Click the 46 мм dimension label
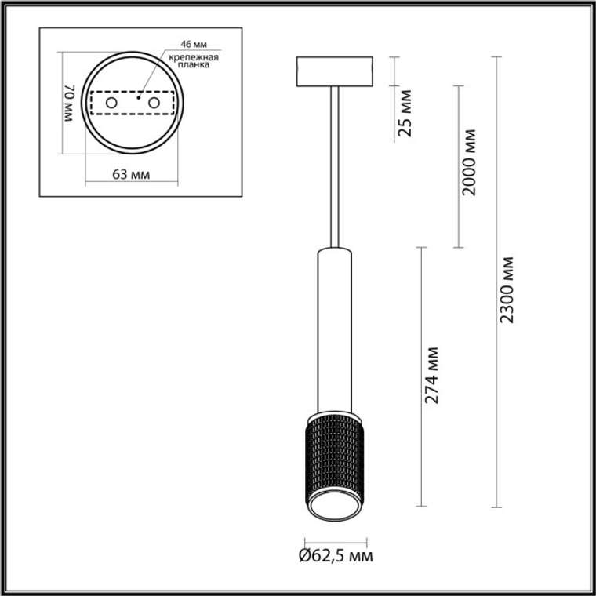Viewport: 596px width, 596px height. (194, 44)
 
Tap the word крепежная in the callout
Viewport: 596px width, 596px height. (194, 57)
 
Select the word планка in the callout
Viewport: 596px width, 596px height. (194, 64)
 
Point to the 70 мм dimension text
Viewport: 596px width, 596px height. (70, 103)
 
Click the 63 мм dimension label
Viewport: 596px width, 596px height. (131, 175)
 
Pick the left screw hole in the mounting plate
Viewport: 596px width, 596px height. (111, 103)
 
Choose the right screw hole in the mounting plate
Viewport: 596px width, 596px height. (154, 103)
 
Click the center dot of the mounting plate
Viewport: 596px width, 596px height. (139, 98)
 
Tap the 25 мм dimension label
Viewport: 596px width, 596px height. (405, 113)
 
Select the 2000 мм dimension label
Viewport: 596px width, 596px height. (469, 162)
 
